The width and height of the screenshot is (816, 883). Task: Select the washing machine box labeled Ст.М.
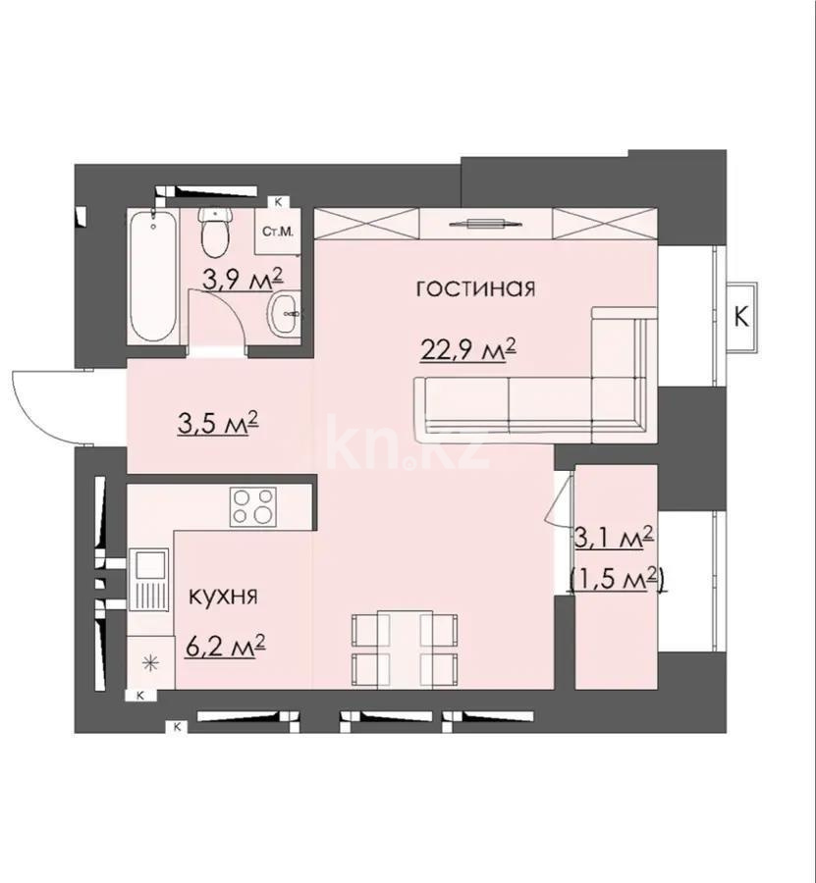coord(279,233)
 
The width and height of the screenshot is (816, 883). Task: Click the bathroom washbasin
coord(284,315)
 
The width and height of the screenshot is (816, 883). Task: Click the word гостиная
coord(475,288)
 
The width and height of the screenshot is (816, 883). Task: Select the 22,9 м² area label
coord(468,348)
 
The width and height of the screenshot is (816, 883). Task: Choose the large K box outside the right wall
coord(742,317)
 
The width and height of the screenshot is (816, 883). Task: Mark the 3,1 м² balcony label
coord(617,537)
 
